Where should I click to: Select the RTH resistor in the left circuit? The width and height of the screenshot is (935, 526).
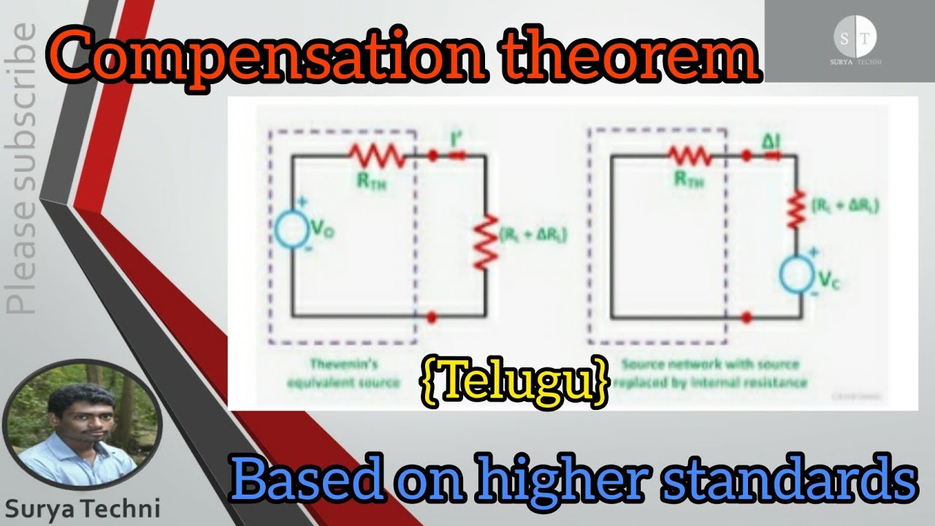click(x=376, y=155)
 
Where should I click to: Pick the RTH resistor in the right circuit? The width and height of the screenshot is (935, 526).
click(x=689, y=155)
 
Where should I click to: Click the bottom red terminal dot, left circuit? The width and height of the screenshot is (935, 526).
click(x=432, y=316)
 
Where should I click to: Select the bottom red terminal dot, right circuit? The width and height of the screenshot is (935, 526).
click(x=747, y=316)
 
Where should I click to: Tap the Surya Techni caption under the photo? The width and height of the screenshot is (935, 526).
click(x=82, y=508)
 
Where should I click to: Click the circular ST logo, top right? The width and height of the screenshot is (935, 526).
click(x=855, y=39)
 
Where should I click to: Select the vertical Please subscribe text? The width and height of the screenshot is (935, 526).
click(x=22, y=168)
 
